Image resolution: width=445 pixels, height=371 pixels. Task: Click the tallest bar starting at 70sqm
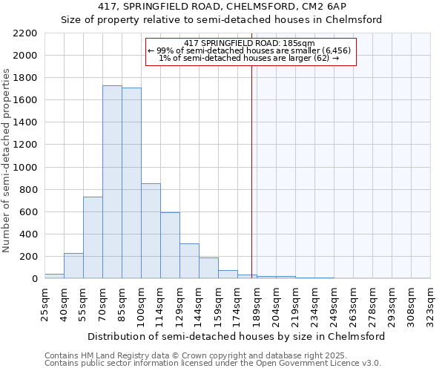pyautogui.click(x=112, y=182)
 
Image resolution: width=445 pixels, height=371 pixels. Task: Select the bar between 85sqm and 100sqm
pyautogui.click(x=131, y=183)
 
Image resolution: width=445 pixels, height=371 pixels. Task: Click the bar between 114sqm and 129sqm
pyautogui.click(x=170, y=245)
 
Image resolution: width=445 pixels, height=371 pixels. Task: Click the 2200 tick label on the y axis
pyautogui.click(x=25, y=33)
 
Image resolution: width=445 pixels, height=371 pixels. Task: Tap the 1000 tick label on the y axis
pyautogui.click(x=25, y=168)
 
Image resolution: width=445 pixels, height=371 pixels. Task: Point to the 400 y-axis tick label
pyautogui.click(x=28, y=234)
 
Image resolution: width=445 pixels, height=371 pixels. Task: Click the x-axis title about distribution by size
pyautogui.click(x=237, y=336)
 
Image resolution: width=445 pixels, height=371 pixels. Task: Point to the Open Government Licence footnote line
pyautogui.click(x=213, y=363)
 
